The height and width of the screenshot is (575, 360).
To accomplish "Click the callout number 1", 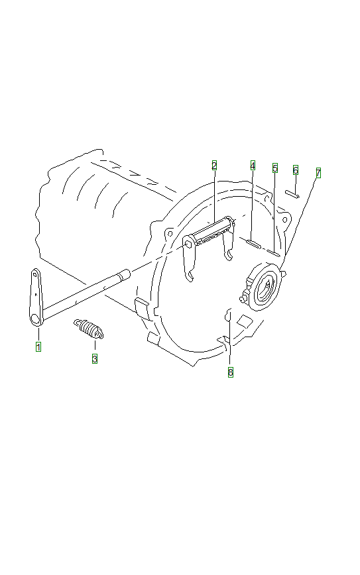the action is click(x=38, y=346).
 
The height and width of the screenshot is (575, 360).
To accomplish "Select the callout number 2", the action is click(x=214, y=166).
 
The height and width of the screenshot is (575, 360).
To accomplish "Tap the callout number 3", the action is click(x=95, y=358).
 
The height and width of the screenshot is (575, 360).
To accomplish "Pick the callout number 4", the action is click(x=253, y=166).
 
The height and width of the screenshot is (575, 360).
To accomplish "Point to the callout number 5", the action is click(x=275, y=168).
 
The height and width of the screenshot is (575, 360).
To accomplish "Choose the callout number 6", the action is click(x=296, y=170).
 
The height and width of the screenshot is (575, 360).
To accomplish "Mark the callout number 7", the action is click(x=318, y=173).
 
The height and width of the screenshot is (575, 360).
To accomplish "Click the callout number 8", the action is click(x=231, y=372).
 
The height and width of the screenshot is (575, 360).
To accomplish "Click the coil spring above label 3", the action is click(x=89, y=329).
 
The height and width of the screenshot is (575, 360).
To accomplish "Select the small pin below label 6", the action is click(x=292, y=193).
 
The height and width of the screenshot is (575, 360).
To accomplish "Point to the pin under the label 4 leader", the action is click(x=253, y=244).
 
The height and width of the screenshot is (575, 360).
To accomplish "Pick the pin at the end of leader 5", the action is click(x=273, y=252).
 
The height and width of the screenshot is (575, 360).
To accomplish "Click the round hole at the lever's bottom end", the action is click(x=36, y=319).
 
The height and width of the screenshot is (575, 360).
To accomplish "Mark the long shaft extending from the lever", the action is click(x=86, y=291).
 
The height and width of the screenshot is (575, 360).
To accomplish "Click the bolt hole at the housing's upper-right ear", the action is click(x=284, y=220).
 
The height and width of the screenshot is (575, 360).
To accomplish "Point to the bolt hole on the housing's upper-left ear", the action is click(x=170, y=233).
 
